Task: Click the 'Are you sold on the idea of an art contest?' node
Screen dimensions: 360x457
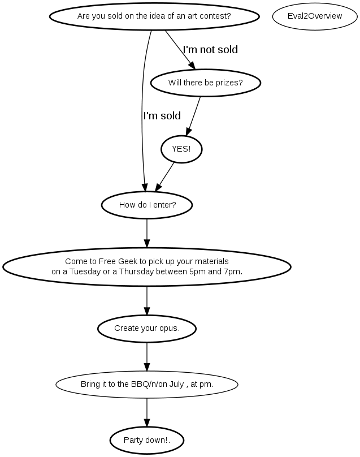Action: [x=154, y=16]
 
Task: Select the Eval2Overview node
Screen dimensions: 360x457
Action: [x=315, y=16]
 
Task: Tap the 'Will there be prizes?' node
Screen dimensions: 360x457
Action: [x=205, y=83]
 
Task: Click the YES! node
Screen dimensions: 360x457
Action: [x=181, y=149]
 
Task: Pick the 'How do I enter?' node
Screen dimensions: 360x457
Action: [x=147, y=205]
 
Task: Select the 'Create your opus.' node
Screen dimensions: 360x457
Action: [x=147, y=329]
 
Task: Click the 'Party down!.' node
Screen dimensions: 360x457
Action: [x=147, y=440]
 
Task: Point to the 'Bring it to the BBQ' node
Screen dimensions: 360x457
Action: [x=147, y=385]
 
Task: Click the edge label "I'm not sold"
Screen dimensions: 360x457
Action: [x=210, y=50]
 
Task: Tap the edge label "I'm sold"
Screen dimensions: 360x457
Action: [x=162, y=116]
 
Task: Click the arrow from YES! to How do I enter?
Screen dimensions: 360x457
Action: [x=164, y=177]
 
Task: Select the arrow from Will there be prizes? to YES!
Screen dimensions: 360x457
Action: [x=193, y=117]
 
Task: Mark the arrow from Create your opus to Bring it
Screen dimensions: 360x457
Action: [x=147, y=357]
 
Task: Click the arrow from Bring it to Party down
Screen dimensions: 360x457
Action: [x=147, y=412]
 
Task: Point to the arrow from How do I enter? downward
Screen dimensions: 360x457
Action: [x=147, y=233]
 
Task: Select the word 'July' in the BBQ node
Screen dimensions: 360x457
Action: [x=176, y=385]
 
